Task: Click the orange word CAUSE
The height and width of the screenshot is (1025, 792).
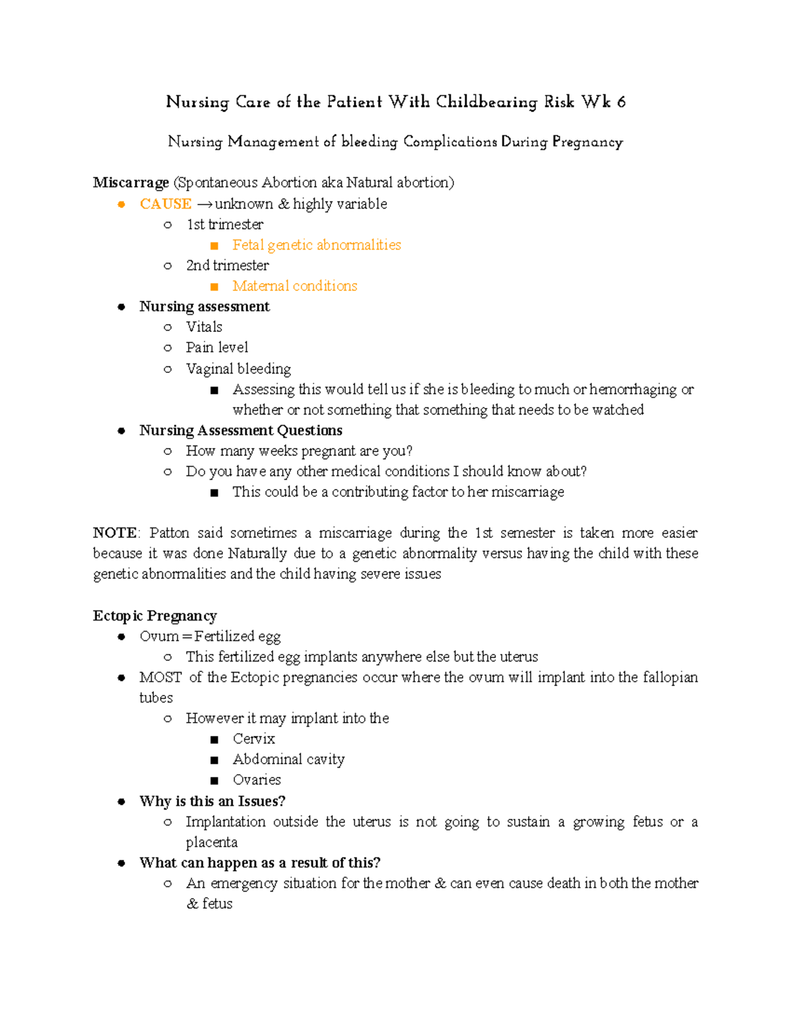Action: [x=166, y=204]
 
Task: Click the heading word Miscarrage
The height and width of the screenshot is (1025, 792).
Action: [x=131, y=183]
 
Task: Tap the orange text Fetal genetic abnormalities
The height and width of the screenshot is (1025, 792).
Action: [x=316, y=245]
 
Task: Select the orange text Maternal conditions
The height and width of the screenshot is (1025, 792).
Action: [x=294, y=286]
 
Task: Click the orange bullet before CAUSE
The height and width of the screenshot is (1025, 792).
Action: [x=121, y=205]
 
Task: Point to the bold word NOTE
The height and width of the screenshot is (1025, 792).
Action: [x=115, y=533]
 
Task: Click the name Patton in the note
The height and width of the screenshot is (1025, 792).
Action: [x=170, y=533]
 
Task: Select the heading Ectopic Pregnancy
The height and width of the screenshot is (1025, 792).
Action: [x=154, y=616]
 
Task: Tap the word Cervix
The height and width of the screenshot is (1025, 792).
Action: [x=253, y=739]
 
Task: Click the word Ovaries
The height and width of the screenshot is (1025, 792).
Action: [x=257, y=779]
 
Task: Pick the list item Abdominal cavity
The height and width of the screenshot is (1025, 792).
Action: [x=288, y=759]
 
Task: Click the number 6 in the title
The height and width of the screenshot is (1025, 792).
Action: [x=621, y=102]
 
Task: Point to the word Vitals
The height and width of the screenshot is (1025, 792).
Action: [x=204, y=327]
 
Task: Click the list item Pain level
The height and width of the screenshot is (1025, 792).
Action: [x=216, y=347]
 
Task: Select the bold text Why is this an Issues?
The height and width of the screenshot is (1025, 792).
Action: [x=212, y=801]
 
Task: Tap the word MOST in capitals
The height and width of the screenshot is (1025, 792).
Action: [x=160, y=677]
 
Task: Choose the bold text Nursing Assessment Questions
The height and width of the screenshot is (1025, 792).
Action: [x=240, y=430]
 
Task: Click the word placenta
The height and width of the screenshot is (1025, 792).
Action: [x=211, y=842]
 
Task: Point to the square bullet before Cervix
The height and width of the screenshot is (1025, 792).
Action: [x=214, y=739]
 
